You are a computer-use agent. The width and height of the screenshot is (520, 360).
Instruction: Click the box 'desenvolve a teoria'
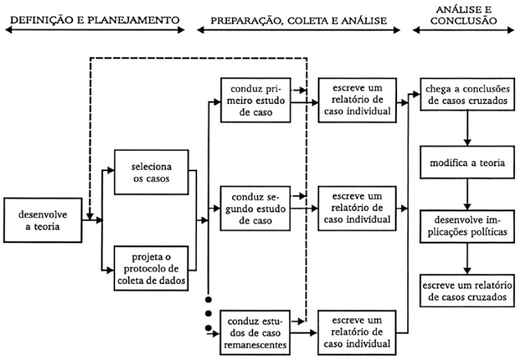pyautogui.click(x=42, y=221)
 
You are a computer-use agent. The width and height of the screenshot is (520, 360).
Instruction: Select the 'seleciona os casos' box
pyautogui.click(x=150, y=173)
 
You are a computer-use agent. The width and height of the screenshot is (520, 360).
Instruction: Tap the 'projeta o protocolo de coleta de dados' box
pyautogui.click(x=150, y=266)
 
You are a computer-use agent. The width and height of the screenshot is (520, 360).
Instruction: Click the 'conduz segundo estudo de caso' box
pyautogui.click(x=254, y=208)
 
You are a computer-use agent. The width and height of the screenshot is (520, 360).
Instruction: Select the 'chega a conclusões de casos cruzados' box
pyautogui.click(x=467, y=94)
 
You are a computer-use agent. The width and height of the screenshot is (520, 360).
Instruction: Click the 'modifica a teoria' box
pyautogui.click(x=467, y=165)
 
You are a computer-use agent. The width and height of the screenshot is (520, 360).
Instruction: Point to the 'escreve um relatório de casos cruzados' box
pyautogui.click(x=467, y=290)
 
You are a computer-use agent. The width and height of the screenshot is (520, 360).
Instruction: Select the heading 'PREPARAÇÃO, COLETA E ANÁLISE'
pyautogui.click(x=299, y=21)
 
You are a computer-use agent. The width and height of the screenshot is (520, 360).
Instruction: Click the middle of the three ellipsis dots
pyautogui.click(x=209, y=314)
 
